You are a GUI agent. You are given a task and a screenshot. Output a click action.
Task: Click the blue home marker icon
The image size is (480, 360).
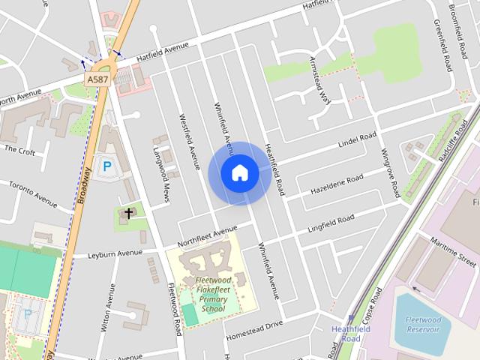point(240,173)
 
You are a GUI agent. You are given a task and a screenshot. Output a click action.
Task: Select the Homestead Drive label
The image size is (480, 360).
point(254,327)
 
